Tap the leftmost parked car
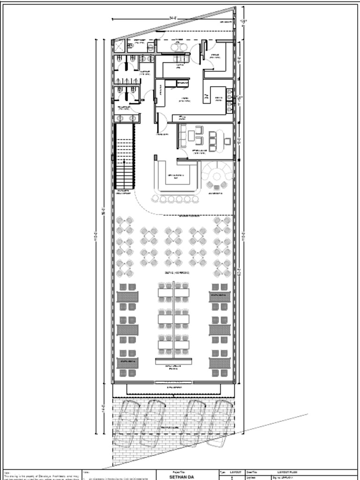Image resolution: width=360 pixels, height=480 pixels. (127, 422)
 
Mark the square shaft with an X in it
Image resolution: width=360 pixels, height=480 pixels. (119, 46)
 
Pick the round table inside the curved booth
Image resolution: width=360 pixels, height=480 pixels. (217, 176)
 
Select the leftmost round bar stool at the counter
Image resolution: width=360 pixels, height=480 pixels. (155, 199)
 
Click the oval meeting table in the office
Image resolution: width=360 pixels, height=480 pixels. (213, 141)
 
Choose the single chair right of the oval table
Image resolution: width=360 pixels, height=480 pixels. (227, 141)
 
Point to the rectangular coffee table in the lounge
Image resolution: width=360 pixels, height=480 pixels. (191, 135)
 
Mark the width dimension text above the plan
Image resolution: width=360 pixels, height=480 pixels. (172, 18)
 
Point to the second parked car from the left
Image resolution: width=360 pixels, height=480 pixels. (153, 422)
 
